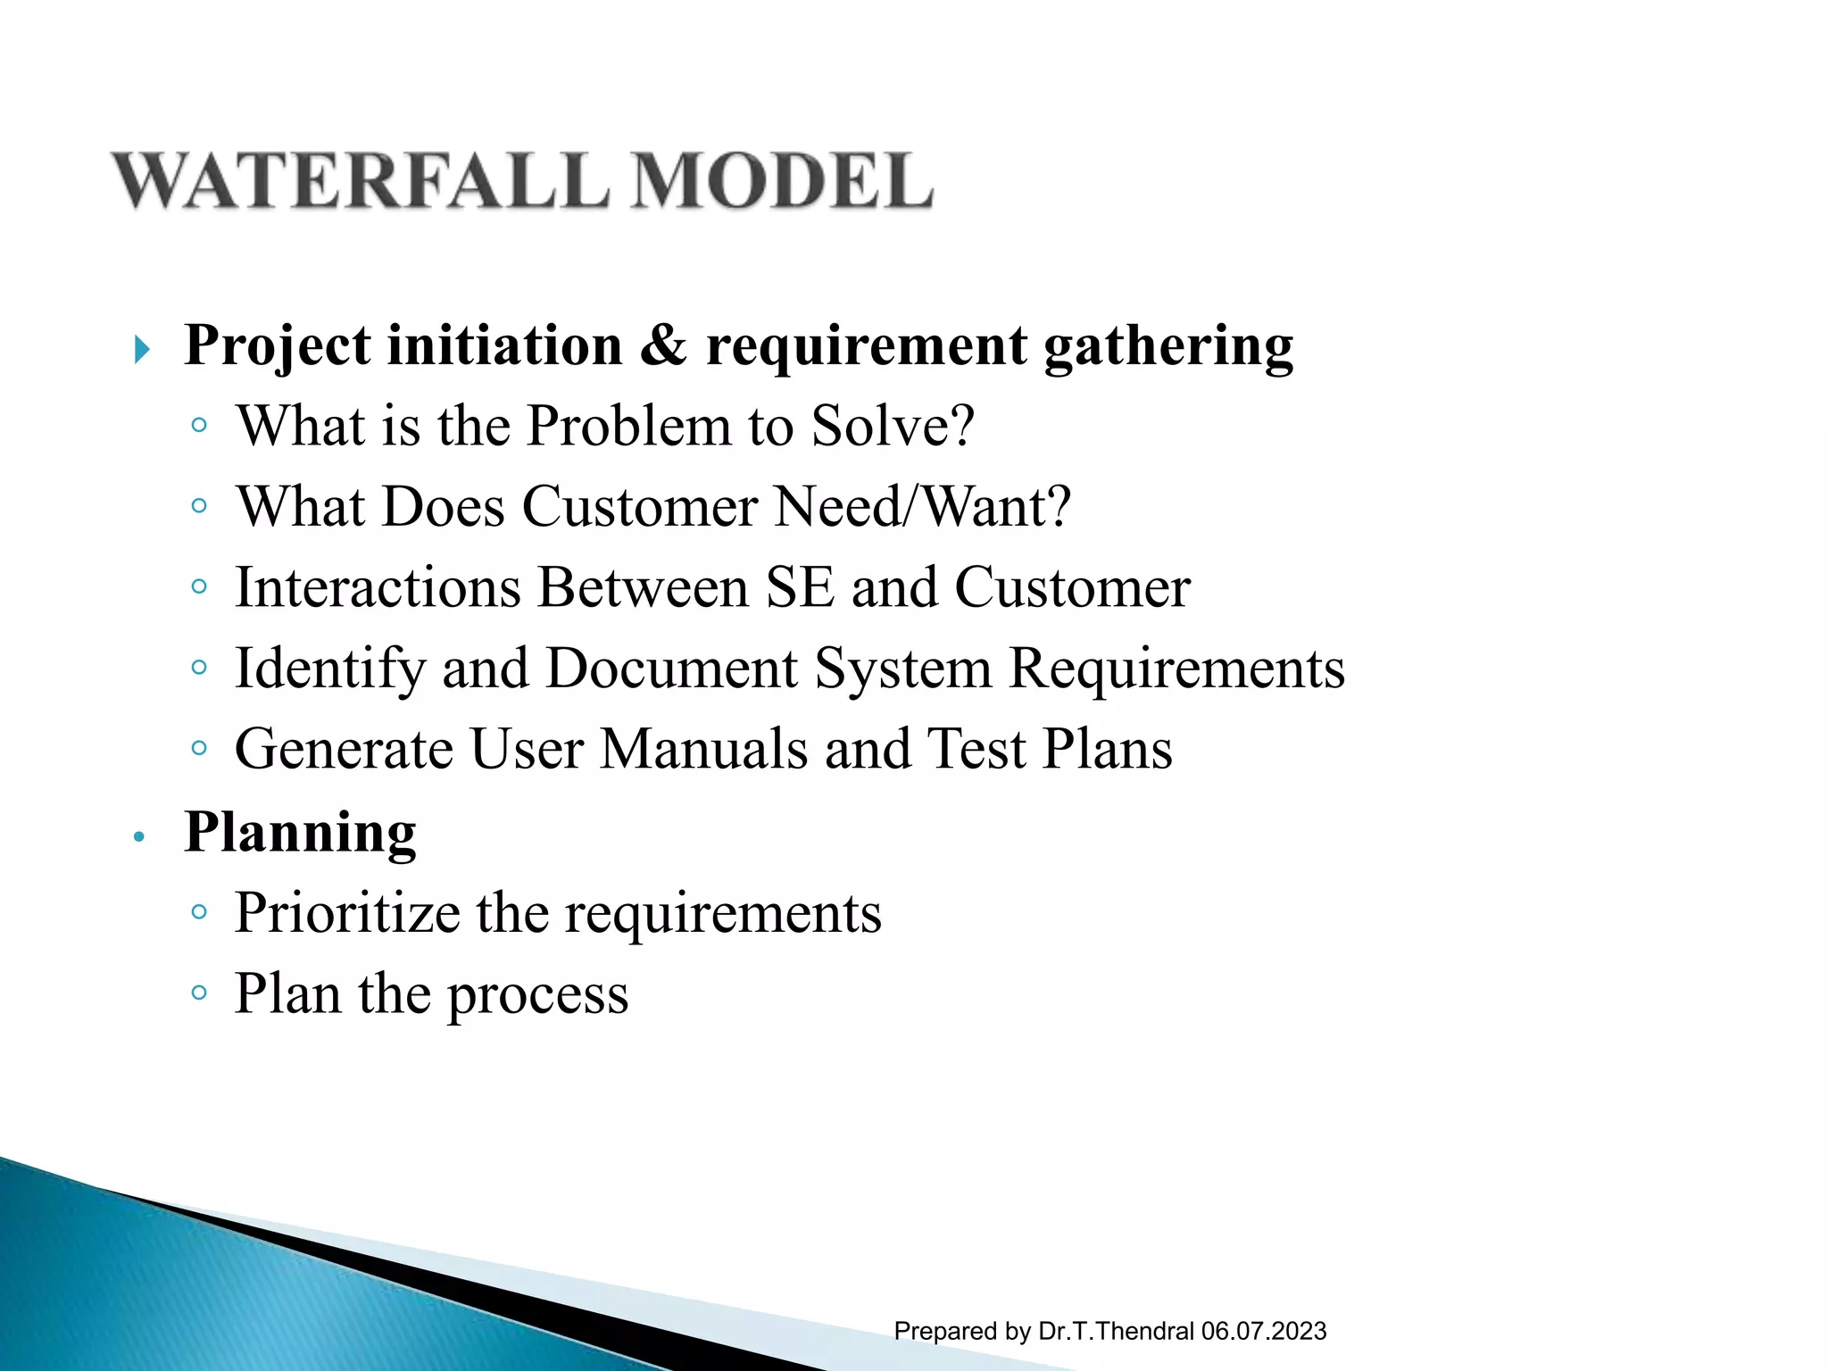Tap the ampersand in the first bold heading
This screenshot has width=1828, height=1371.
pyautogui.click(x=663, y=345)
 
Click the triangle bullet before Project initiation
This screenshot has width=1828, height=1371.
pyautogui.click(x=141, y=350)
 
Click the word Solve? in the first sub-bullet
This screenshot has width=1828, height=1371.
pyautogui.click(x=892, y=426)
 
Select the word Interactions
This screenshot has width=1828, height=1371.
pyautogui.click(x=378, y=588)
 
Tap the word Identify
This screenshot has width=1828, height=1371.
pyautogui.click(x=329, y=669)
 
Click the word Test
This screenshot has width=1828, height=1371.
pyautogui.click(x=976, y=749)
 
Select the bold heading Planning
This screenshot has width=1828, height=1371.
pyautogui.click(x=300, y=833)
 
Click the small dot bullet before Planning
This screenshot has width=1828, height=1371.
pyautogui.click(x=138, y=837)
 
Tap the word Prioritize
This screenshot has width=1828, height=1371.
pyautogui.click(x=346, y=913)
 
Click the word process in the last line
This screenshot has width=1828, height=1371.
pyautogui.click(x=537, y=995)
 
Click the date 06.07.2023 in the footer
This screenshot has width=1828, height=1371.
pyautogui.click(x=1263, y=1331)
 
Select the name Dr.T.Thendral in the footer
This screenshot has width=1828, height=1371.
pyautogui.click(x=1116, y=1331)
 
